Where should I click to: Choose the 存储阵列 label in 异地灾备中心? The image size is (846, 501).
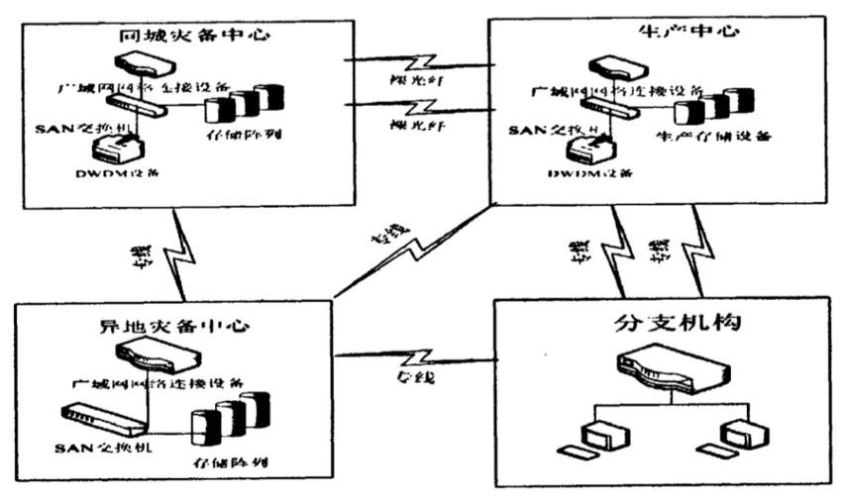click(231, 462)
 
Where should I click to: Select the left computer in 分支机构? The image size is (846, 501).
click(597, 437)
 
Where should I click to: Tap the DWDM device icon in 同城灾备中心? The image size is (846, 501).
click(117, 149)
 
